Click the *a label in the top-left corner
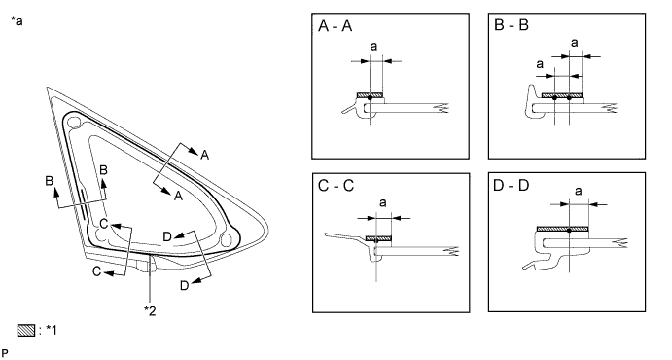pyautogui.click(x=17, y=19)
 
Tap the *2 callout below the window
pyautogui.click(x=150, y=309)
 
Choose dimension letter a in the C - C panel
pyautogui.click(x=379, y=202)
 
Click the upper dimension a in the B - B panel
pyautogui.click(x=573, y=43)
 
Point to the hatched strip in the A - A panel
pyautogui.click(x=371, y=94)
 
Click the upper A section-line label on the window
pyautogui.click(x=205, y=153)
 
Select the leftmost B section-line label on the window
pyautogui.click(x=48, y=181)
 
